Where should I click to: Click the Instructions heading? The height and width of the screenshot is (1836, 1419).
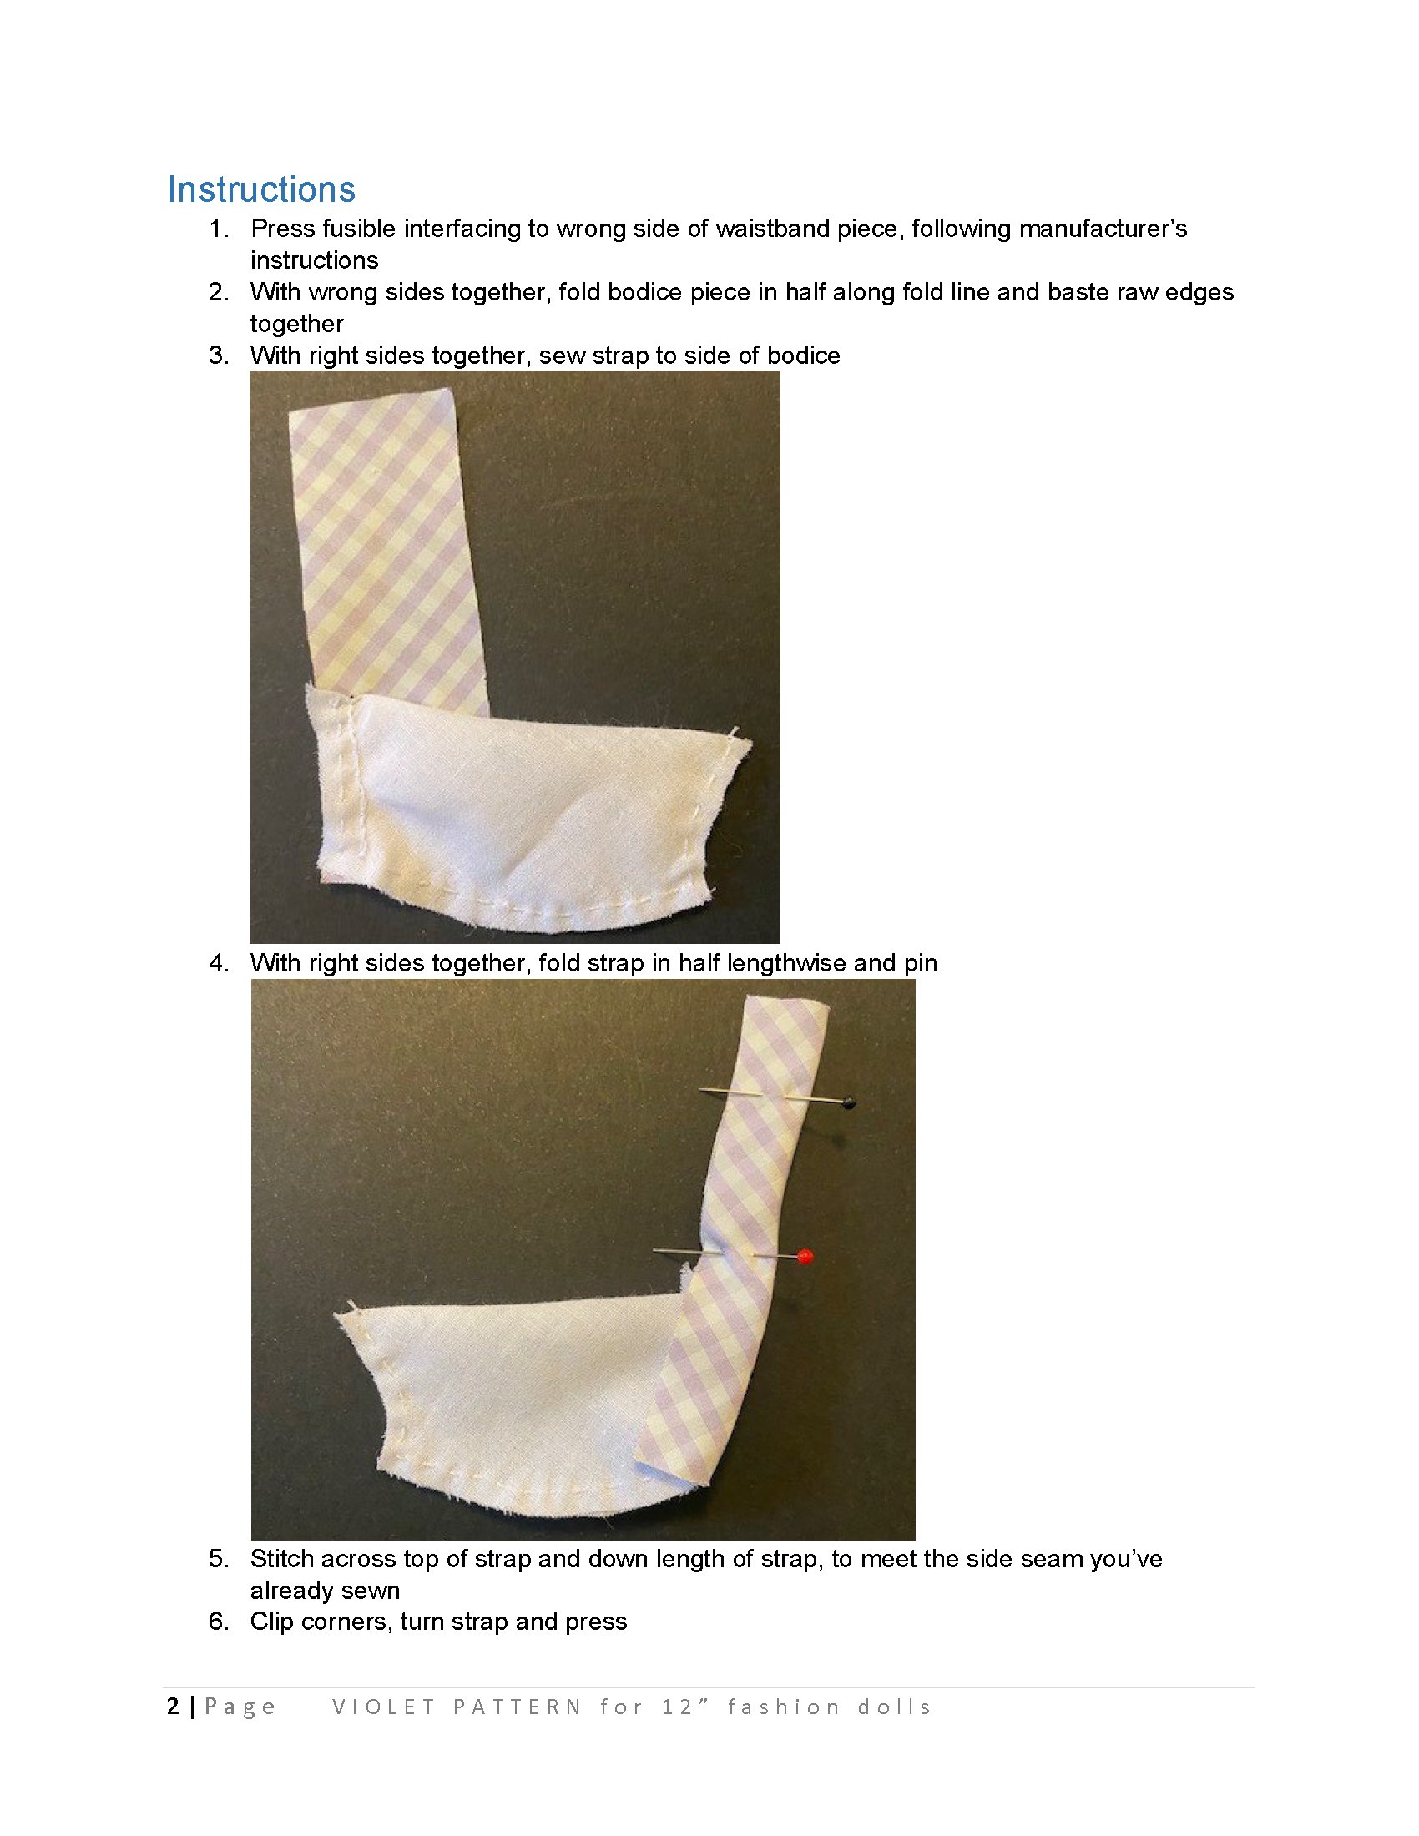(x=261, y=189)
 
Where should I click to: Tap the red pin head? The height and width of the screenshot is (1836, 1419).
(x=805, y=1257)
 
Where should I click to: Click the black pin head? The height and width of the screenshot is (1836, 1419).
(x=849, y=1102)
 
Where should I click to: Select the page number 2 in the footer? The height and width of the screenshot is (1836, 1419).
(x=173, y=1707)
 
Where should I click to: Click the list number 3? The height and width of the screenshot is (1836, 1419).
(x=219, y=356)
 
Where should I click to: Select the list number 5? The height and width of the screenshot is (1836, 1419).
(x=219, y=1560)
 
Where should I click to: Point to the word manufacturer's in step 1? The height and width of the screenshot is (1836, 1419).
(x=1103, y=229)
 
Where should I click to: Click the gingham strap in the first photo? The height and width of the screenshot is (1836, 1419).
(x=386, y=547)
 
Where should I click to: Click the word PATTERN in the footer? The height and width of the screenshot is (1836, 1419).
(x=517, y=1707)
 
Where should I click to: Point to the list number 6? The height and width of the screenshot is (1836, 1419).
(x=219, y=1622)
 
